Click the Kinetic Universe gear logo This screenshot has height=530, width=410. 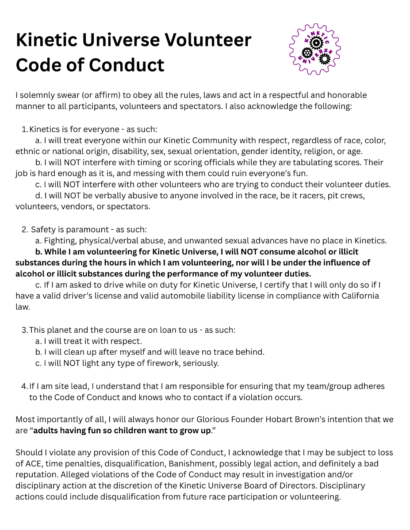pos(315,49)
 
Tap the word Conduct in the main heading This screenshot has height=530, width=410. pos(127,65)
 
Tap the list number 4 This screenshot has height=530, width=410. pos(24,386)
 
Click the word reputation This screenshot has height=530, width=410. pos(37,475)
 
